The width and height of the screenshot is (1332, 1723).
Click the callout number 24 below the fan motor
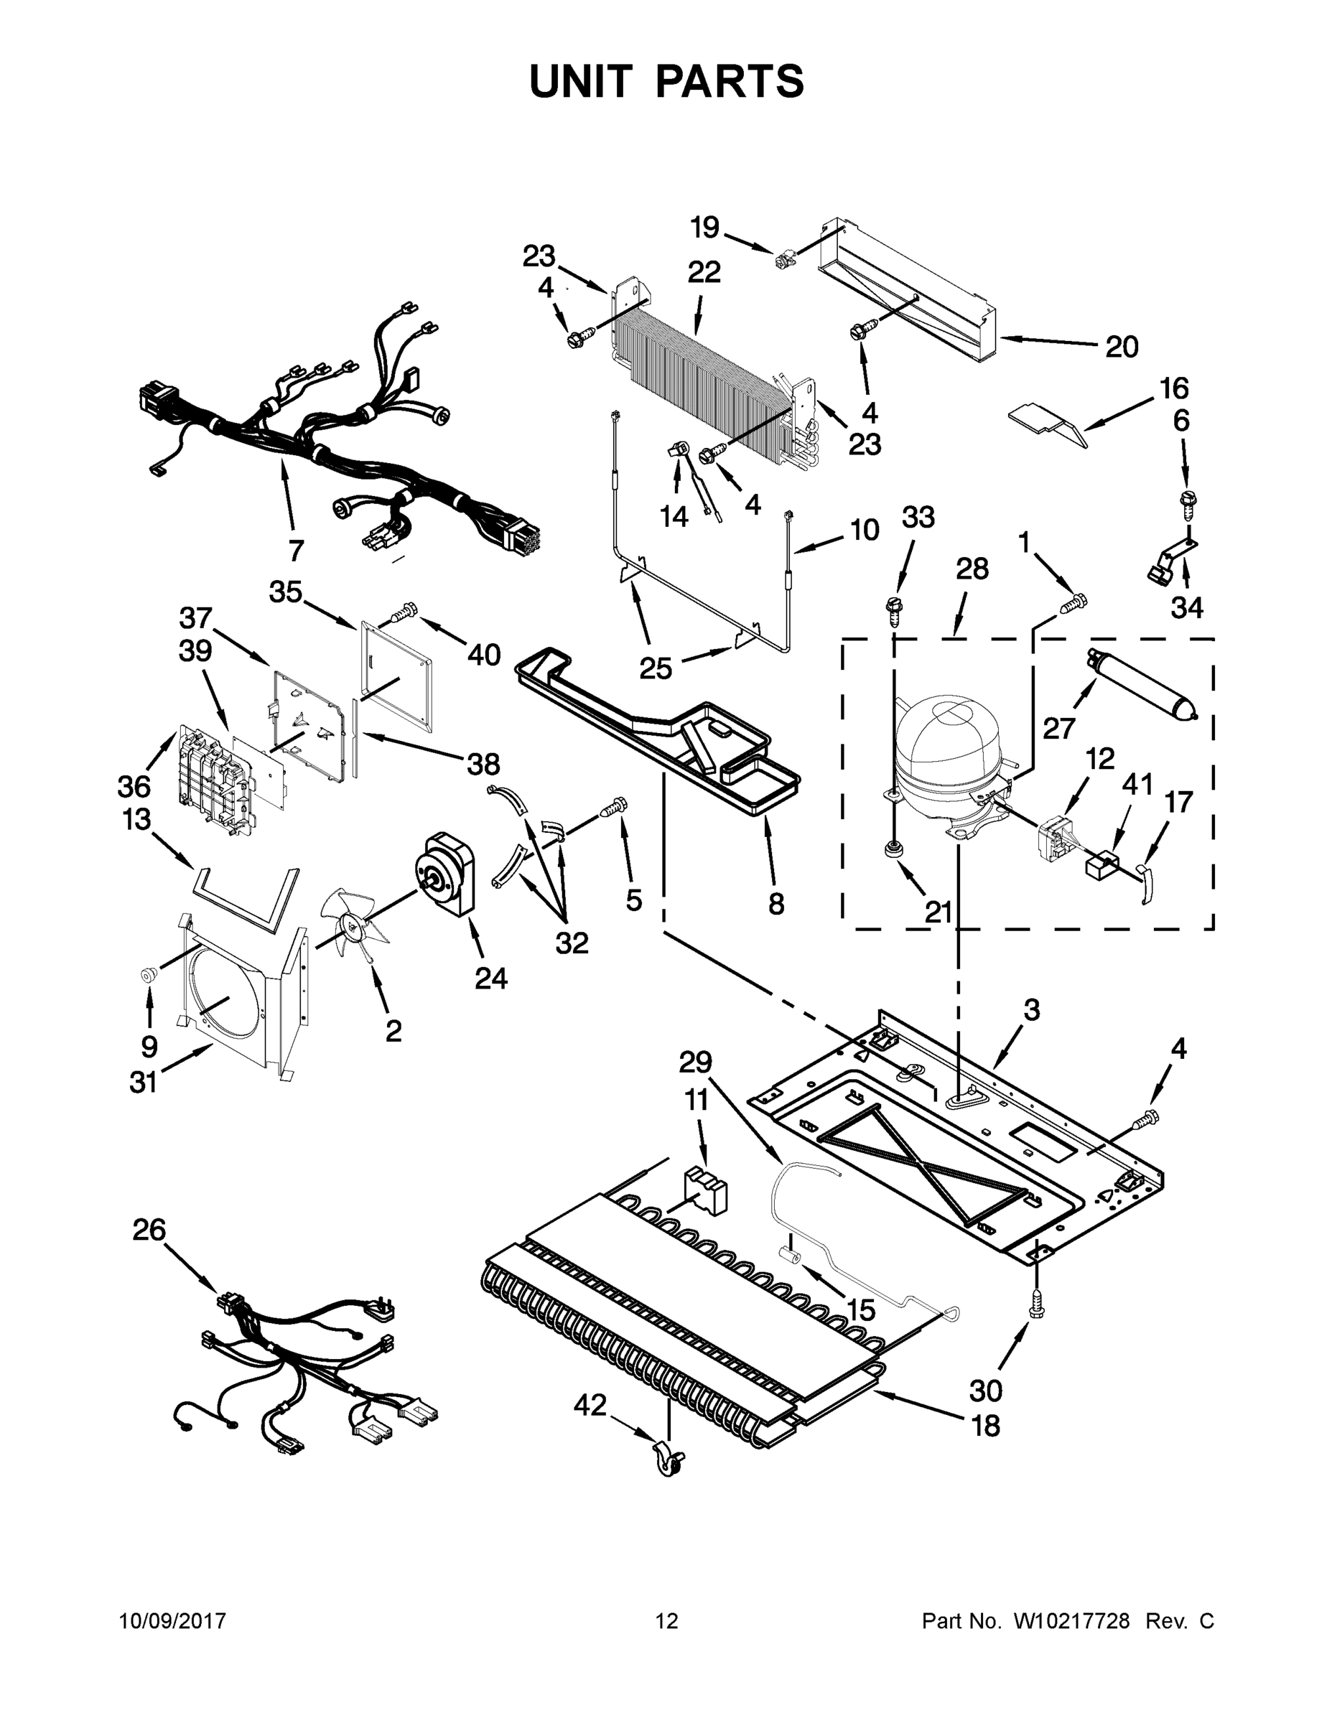point(491,979)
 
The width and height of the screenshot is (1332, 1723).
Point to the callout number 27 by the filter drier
point(1059,727)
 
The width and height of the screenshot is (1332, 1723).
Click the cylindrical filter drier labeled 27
point(1140,683)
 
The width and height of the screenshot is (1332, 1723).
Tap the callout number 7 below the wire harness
point(295,551)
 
